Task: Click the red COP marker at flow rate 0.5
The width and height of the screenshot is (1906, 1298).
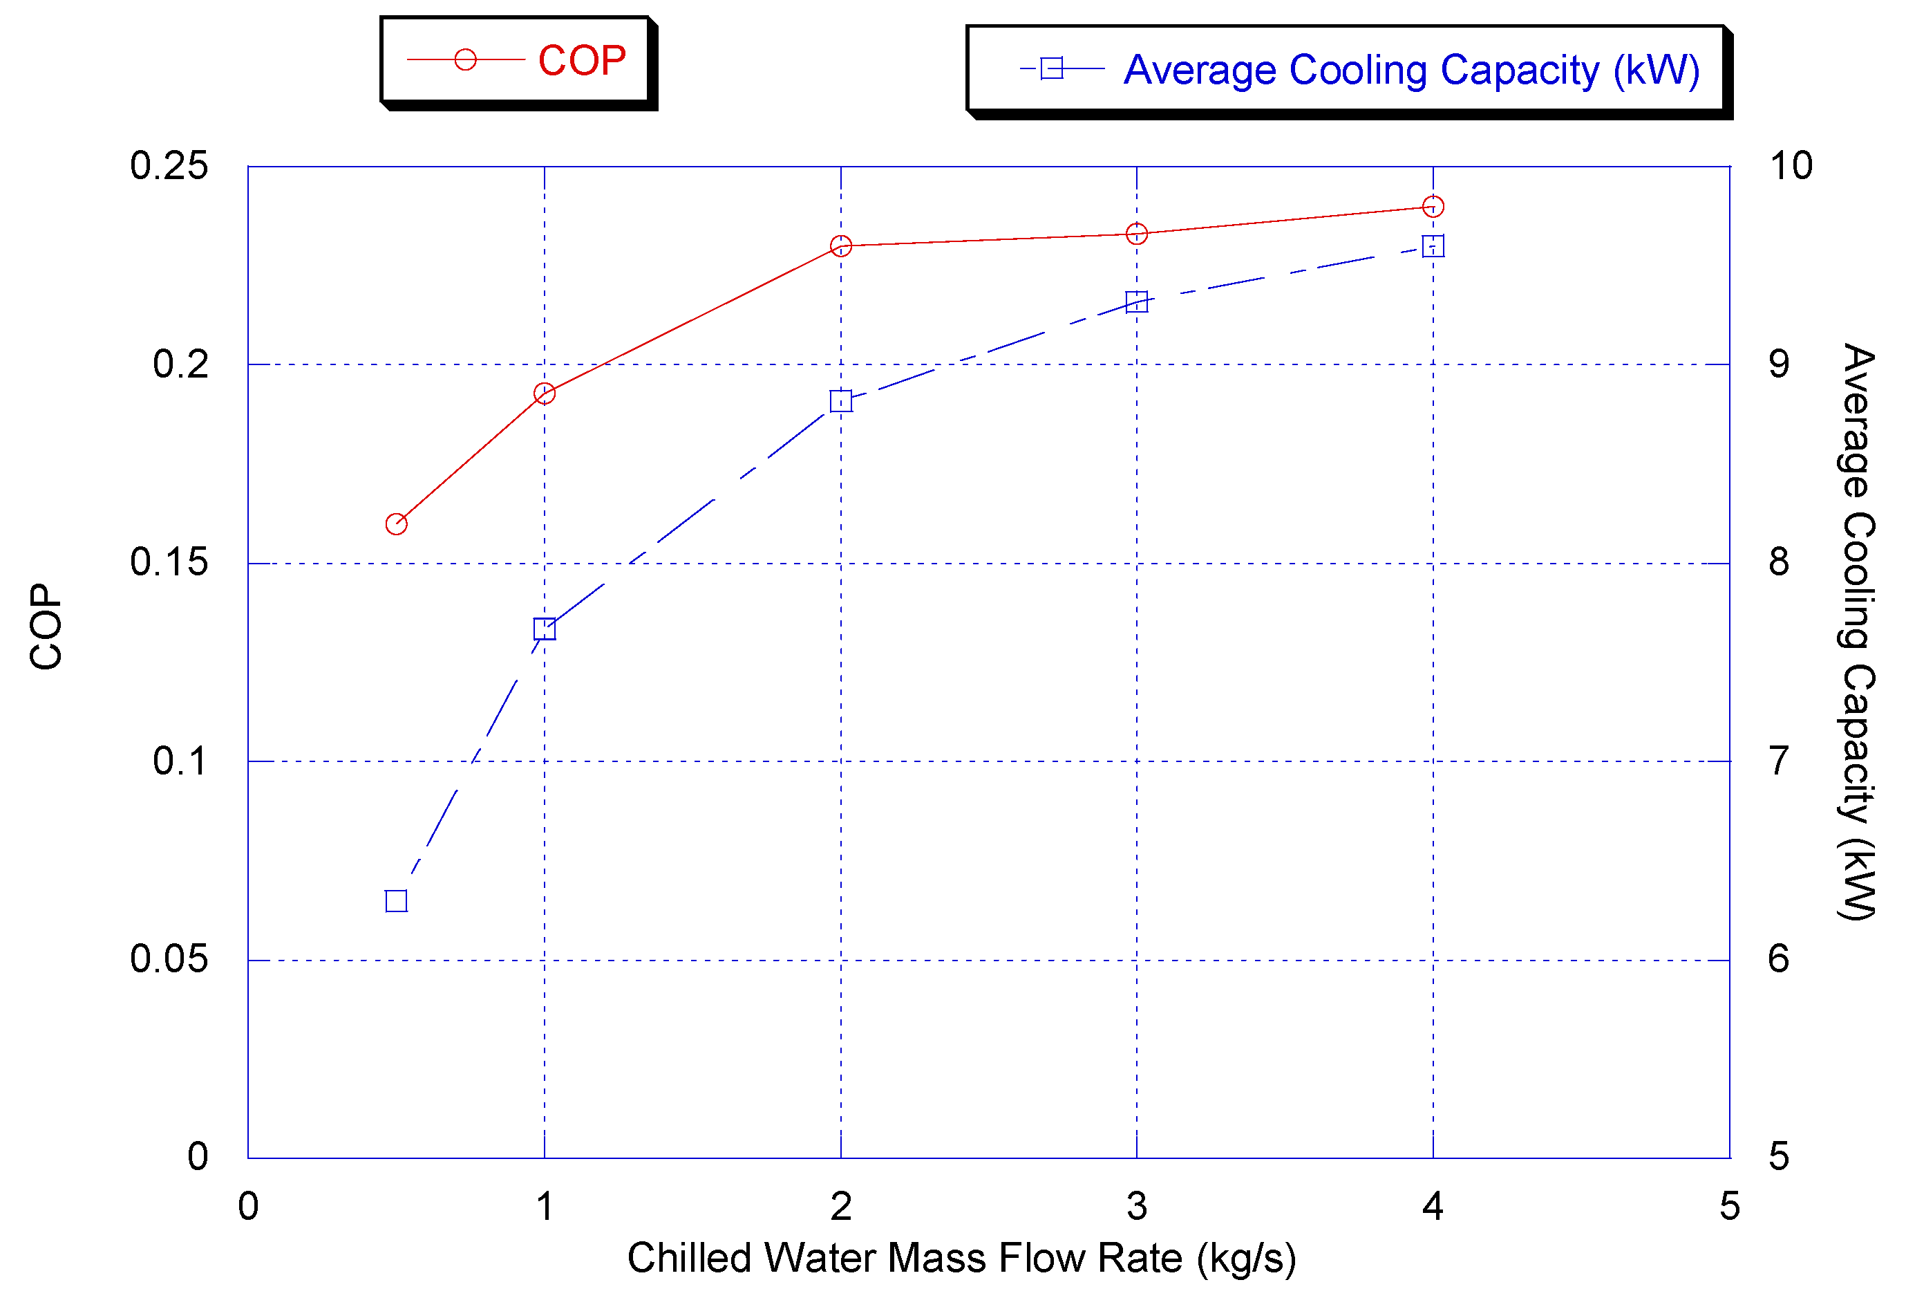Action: pyautogui.click(x=396, y=523)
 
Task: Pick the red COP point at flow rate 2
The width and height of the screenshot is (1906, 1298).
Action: pyautogui.click(x=840, y=245)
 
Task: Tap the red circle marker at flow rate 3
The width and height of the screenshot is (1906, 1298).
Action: pyautogui.click(x=1137, y=234)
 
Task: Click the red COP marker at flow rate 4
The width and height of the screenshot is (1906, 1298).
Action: pyautogui.click(x=1433, y=206)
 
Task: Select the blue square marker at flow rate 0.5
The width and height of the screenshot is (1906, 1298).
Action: pyautogui.click(x=396, y=901)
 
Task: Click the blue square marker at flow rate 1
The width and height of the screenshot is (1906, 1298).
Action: pyautogui.click(x=545, y=629)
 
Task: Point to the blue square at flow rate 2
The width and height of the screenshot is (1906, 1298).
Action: pyautogui.click(x=840, y=401)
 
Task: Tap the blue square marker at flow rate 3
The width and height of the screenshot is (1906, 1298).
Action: pyautogui.click(x=1137, y=302)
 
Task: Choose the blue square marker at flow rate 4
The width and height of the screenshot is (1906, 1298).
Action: pyautogui.click(x=1433, y=246)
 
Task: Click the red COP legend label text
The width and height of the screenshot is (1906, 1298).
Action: pyautogui.click(x=581, y=61)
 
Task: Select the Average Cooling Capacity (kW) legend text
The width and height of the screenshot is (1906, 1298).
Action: pyautogui.click(x=1410, y=71)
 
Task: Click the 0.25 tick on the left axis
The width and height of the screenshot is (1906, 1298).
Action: pyautogui.click(x=169, y=167)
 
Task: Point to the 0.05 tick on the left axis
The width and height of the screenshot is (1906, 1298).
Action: pyautogui.click(x=169, y=959)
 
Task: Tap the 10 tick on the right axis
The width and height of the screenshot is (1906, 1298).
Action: pyautogui.click(x=1791, y=167)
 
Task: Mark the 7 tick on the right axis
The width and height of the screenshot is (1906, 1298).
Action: pyautogui.click(x=1778, y=761)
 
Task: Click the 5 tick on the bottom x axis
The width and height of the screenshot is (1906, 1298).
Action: pyautogui.click(x=1730, y=1206)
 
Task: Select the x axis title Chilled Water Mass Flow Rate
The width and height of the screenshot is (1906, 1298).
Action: pyautogui.click(x=961, y=1259)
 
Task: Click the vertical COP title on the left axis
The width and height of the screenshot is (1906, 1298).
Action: pyautogui.click(x=46, y=627)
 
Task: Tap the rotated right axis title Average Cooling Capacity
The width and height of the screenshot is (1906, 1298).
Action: pyautogui.click(x=1857, y=632)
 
